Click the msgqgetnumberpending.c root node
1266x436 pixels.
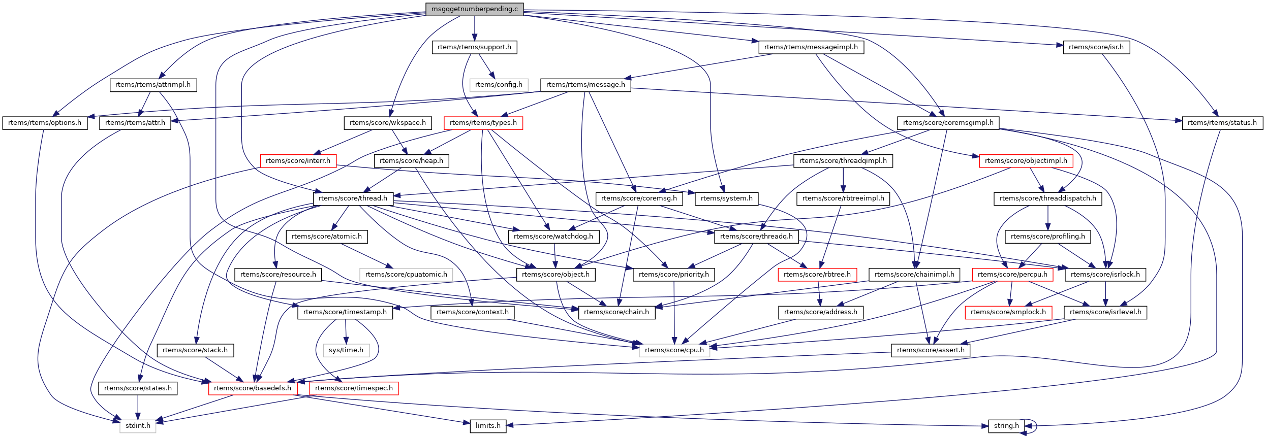(x=474, y=9)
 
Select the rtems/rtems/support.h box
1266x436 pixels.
(x=474, y=47)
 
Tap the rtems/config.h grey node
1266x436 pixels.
(x=499, y=85)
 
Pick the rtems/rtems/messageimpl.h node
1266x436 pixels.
(x=811, y=47)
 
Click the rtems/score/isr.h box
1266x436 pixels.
(x=1096, y=47)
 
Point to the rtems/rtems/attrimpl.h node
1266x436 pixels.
(x=153, y=85)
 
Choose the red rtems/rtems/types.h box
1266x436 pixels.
(x=483, y=123)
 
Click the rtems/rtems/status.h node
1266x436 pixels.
(x=1222, y=123)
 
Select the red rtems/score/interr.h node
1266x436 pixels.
(x=298, y=161)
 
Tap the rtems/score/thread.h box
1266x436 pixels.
(x=353, y=198)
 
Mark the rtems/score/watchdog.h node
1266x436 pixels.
(x=553, y=237)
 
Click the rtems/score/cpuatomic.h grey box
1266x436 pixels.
(x=406, y=275)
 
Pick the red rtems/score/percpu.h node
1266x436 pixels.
(x=1012, y=275)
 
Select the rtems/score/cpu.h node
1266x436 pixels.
(x=674, y=350)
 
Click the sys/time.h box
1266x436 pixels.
(x=346, y=350)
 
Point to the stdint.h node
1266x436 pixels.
(x=138, y=426)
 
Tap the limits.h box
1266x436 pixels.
(x=488, y=426)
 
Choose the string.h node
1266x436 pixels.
(x=1006, y=426)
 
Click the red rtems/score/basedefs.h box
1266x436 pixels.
(x=253, y=388)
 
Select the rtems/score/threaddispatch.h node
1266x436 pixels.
(x=1047, y=198)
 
